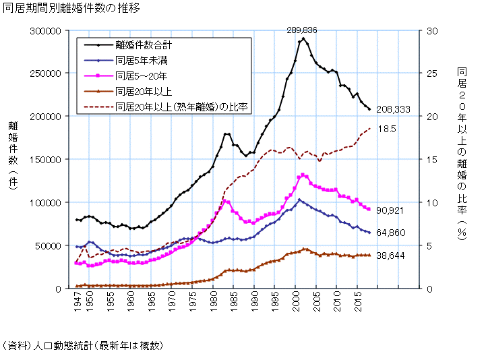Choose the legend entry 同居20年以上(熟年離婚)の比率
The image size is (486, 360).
point(183,105)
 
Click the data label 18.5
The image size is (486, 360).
point(387,129)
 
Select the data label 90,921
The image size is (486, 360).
point(390,211)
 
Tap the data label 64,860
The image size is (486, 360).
point(390,233)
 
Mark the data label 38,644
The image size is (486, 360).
point(390,257)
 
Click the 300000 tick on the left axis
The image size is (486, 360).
point(46,31)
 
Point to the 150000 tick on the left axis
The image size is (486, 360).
point(46,160)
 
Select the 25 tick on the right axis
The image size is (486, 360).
point(432,73)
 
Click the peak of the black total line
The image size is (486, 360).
point(303,38)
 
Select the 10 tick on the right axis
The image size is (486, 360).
point(432,203)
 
